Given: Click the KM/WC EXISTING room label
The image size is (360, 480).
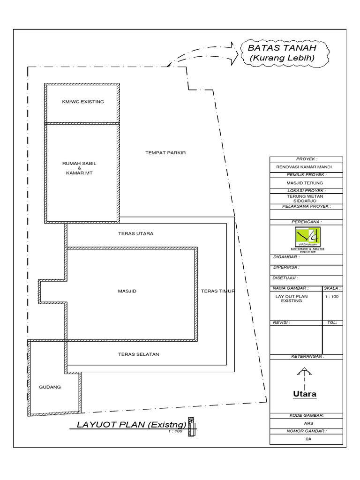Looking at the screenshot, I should (x=83, y=101).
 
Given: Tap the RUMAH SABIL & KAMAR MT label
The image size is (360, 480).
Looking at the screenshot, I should (x=82, y=168).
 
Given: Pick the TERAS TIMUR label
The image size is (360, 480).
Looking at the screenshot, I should (x=217, y=291).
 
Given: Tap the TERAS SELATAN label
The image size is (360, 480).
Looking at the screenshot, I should (x=138, y=354).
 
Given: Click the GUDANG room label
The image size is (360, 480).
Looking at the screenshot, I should (x=50, y=387).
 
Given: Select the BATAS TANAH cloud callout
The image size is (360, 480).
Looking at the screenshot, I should (x=282, y=53).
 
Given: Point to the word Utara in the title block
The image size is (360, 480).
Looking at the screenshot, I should (x=305, y=394).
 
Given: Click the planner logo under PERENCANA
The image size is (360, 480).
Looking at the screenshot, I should (x=307, y=237).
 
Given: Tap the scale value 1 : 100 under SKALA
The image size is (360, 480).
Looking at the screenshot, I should (x=332, y=297).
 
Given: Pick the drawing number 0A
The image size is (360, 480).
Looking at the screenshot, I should (x=308, y=439).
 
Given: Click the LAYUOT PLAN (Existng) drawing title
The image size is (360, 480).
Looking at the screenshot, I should (x=128, y=425).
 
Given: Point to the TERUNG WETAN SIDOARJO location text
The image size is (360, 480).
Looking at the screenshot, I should (x=307, y=198).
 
